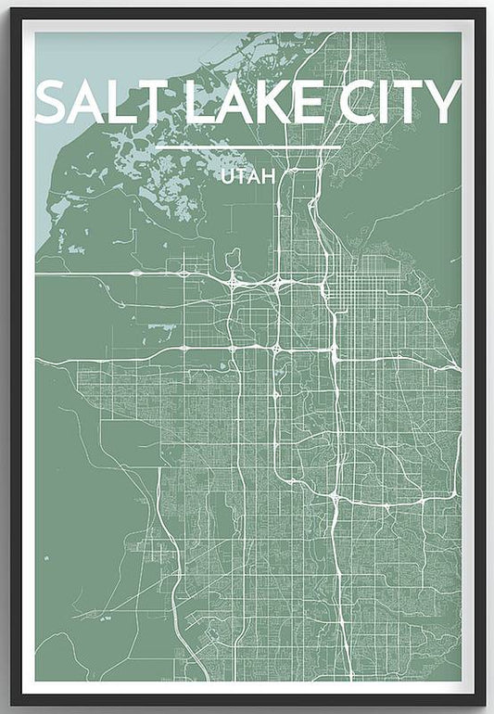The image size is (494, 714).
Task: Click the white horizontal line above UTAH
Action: pyautogui.click(x=247, y=148)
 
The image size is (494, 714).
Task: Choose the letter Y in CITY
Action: pyautogui.click(x=443, y=102)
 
